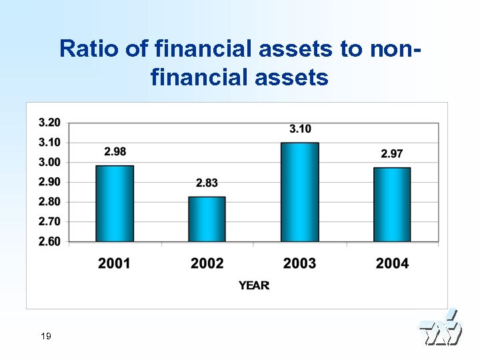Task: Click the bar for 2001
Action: [x=115, y=203]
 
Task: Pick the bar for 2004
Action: [x=391, y=204]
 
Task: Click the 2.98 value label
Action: [x=115, y=152]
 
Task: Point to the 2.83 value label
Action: [x=207, y=183]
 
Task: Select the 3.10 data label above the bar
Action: [x=300, y=129]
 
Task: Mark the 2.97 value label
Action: [x=392, y=154]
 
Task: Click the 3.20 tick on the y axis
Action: [x=49, y=123]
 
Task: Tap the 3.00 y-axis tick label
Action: [x=49, y=162]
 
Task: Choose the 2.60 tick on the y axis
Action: [x=49, y=241]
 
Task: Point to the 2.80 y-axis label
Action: [x=49, y=201]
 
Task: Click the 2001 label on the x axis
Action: [x=115, y=263]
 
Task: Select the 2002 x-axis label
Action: [x=207, y=263]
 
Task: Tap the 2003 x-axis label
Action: [x=299, y=263]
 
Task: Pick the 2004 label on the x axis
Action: [x=392, y=263]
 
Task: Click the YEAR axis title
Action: [x=254, y=285]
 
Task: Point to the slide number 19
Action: [x=45, y=336]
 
